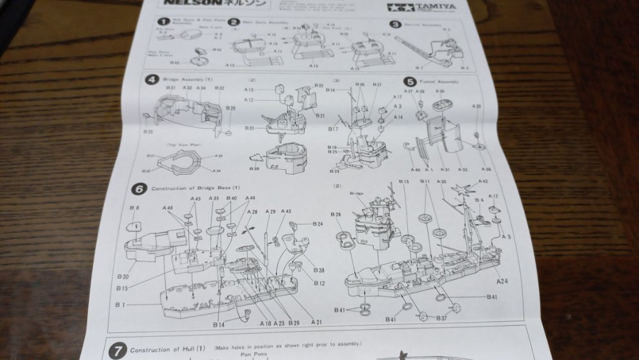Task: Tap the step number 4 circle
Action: (151, 80)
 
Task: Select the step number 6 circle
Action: (138, 189)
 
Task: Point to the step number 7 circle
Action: (117, 352)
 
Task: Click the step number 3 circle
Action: (395, 24)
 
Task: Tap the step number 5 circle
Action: (410, 81)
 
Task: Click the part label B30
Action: (123, 276)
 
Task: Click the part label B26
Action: (336, 214)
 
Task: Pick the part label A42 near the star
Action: (484, 182)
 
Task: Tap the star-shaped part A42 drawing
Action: (462, 191)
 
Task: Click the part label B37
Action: (441, 319)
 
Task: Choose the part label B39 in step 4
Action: (254, 169)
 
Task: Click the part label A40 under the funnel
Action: (414, 170)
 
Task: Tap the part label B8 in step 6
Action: (134, 208)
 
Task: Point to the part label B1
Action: (119, 303)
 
